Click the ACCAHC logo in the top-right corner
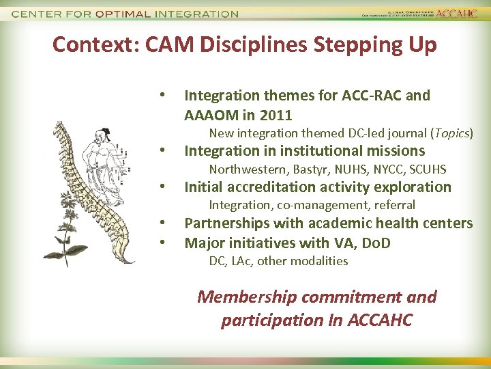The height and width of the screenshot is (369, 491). [458, 13]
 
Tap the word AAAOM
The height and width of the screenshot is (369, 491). [211, 114]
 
